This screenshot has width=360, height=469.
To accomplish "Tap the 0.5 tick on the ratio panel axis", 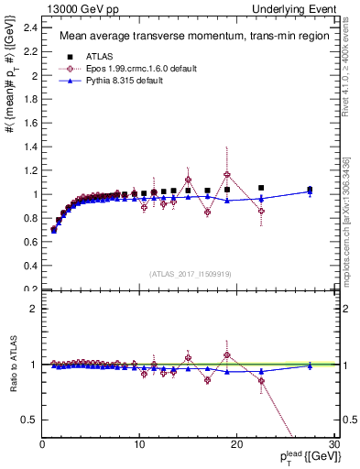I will [x=31, y=420].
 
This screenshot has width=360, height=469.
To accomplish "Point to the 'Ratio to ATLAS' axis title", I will [x=12, y=364].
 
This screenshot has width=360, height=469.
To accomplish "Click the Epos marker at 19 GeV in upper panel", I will [x=227, y=174].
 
